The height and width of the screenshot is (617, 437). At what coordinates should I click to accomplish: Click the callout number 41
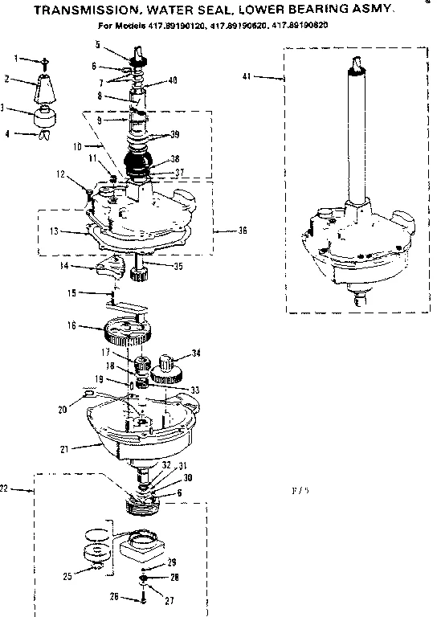point(247,77)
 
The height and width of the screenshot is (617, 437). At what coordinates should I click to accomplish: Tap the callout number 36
point(242,231)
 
